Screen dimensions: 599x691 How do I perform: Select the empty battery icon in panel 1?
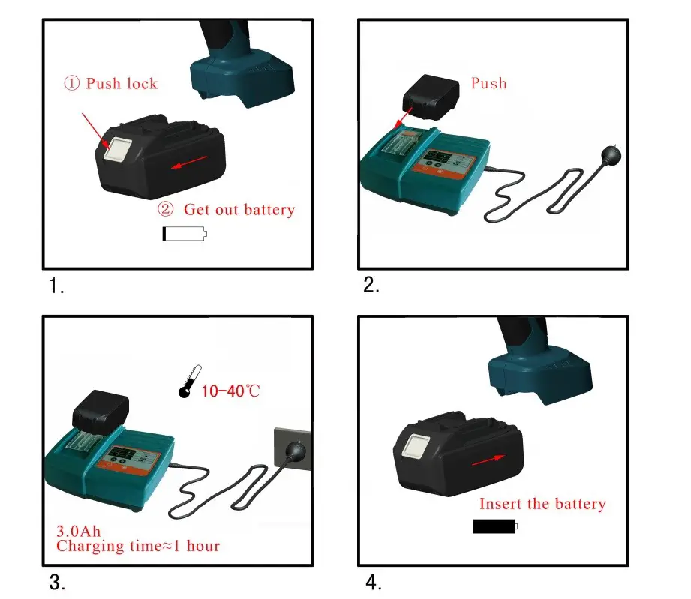click(184, 235)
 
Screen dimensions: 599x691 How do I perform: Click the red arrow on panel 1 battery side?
click(188, 163)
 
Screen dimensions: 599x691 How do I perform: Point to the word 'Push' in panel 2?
click(488, 83)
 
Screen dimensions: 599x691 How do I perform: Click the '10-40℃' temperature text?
click(230, 391)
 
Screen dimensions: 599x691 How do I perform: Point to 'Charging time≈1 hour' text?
click(138, 545)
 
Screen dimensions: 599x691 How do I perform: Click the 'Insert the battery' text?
click(542, 504)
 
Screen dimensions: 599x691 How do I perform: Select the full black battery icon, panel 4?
click(494, 527)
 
